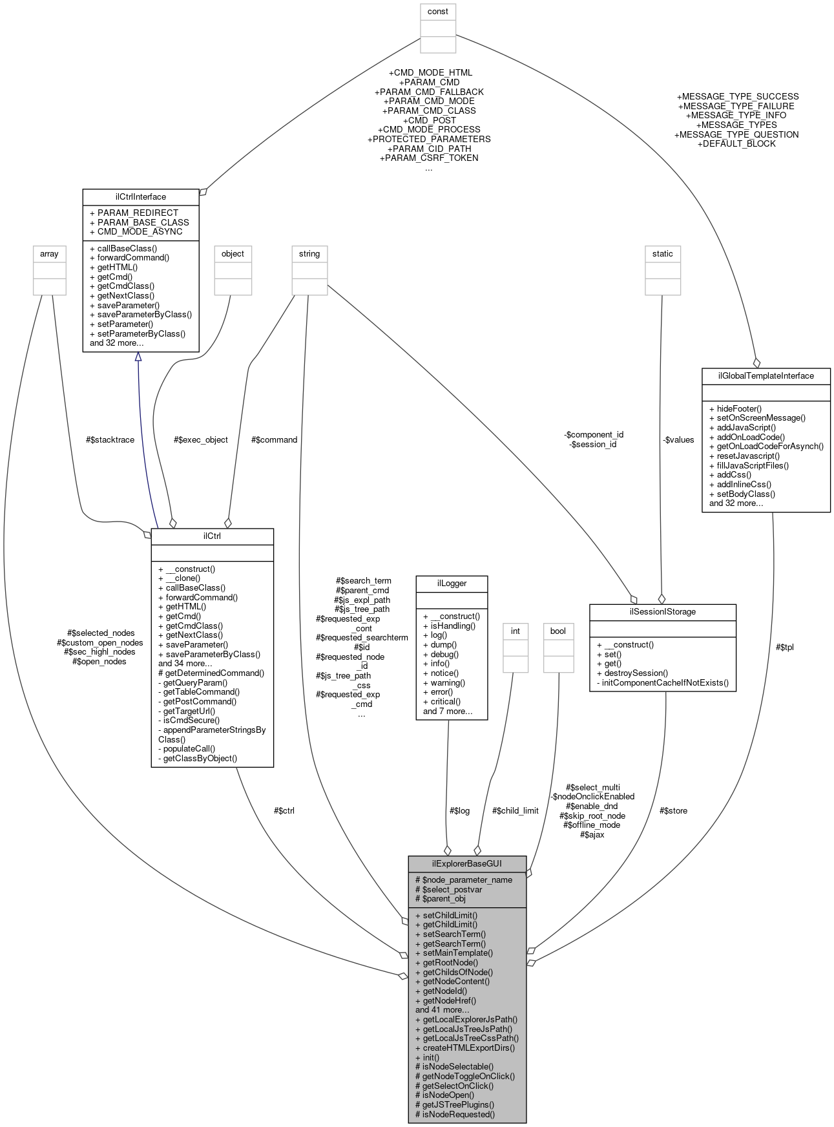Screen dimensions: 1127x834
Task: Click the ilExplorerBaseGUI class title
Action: pos(467,863)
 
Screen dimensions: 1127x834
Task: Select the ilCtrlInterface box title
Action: pos(140,196)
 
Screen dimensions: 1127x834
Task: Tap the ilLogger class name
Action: pos(452,583)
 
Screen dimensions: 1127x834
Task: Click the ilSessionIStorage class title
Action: pos(662,611)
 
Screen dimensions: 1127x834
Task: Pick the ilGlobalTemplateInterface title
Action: pos(766,375)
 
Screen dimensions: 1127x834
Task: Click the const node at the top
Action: pos(438,12)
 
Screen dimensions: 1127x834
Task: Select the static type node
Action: pos(662,254)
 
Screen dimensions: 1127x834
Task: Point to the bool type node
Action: pos(558,631)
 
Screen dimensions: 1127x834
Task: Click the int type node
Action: pos(516,631)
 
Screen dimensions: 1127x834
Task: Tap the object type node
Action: pos(233,254)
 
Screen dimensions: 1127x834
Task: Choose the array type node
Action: pos(49,254)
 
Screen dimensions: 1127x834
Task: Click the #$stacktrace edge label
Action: pos(110,439)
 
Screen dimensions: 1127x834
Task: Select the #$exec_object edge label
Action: pos(201,439)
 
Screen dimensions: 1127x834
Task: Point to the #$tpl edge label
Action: pos(784,647)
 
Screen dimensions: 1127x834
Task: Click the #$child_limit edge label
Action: pos(515,810)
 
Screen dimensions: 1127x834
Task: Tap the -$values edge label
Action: pos(678,439)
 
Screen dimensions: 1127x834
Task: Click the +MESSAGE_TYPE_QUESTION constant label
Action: pos(736,134)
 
